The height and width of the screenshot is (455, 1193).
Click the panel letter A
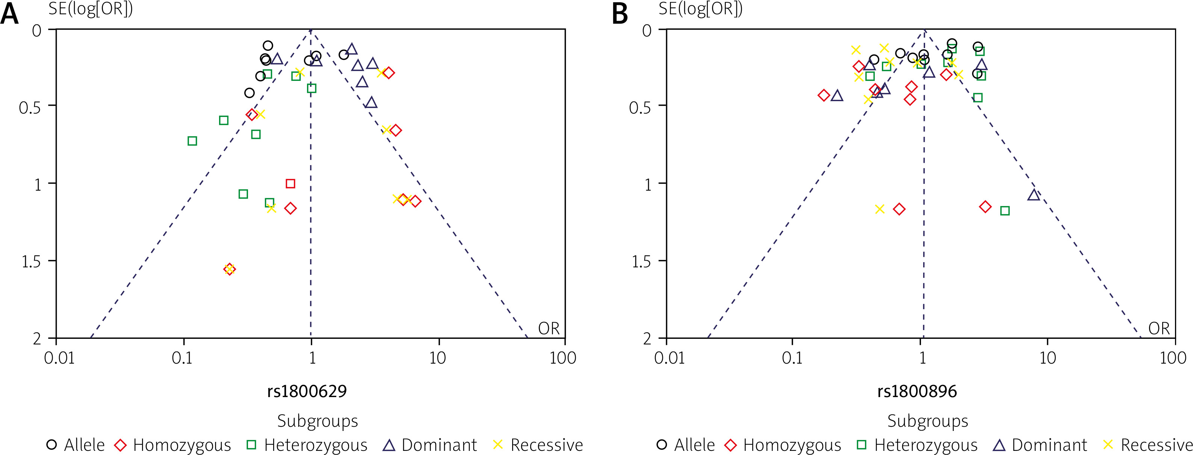[x=10, y=14]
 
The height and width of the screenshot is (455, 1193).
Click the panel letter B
[x=620, y=14]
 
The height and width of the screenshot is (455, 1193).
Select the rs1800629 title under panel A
[x=307, y=391]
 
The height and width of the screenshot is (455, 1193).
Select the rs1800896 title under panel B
[x=916, y=391]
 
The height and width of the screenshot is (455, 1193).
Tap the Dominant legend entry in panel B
[x=1040, y=445]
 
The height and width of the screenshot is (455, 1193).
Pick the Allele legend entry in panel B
[x=685, y=445]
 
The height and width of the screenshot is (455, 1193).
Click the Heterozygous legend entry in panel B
[x=917, y=445]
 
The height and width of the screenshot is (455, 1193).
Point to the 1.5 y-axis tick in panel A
[x=32, y=262]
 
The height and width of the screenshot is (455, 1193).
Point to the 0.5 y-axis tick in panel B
[x=641, y=108]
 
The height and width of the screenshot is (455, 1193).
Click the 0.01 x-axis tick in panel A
[x=59, y=358]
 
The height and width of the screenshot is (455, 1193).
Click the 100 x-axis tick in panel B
[x=1173, y=358]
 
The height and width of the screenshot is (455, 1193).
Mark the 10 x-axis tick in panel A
[x=437, y=358]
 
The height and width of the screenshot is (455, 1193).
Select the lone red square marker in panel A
[x=290, y=184]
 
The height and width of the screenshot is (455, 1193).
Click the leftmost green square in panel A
[x=192, y=141]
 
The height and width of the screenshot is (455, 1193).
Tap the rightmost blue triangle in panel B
[x=1034, y=195]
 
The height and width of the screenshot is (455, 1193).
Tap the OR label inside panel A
[x=549, y=329]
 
